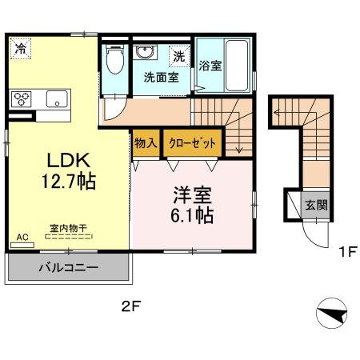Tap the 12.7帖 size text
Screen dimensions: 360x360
(x=69, y=182)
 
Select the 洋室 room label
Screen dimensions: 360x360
(x=192, y=194)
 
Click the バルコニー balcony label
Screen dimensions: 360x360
(x=68, y=267)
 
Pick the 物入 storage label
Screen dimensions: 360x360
(x=146, y=144)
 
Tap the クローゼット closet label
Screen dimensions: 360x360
(x=192, y=144)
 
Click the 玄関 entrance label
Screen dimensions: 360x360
(x=317, y=205)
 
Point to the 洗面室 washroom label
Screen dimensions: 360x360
(x=159, y=78)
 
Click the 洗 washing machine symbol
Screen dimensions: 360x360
(x=179, y=57)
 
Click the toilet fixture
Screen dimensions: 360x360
(x=114, y=59)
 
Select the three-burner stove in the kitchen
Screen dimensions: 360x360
(x=22, y=99)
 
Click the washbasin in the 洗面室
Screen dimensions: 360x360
(x=145, y=54)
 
